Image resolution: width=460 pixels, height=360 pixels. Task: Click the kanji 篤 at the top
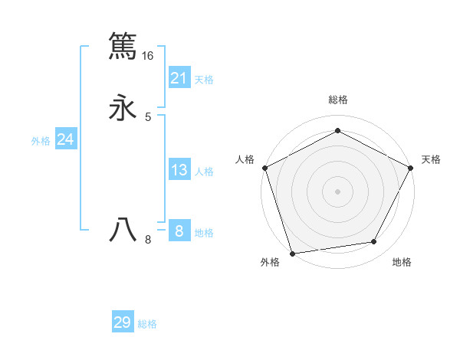[123, 45]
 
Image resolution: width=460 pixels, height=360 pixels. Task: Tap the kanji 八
[123, 229]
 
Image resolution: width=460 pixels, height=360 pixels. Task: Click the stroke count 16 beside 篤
[147, 56]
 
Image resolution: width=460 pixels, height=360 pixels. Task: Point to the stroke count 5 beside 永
[148, 117]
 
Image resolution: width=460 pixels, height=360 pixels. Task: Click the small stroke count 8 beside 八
[148, 240]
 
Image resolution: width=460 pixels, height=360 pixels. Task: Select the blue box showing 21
[179, 77]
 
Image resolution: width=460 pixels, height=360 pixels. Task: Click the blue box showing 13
[179, 170]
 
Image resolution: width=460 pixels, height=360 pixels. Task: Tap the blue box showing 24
[65, 139]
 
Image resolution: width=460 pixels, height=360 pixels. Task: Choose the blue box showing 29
[123, 322]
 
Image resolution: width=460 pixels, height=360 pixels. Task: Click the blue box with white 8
[179, 231]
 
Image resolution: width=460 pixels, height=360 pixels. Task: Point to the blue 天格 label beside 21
[204, 79]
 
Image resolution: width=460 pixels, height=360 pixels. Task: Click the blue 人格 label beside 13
[204, 172]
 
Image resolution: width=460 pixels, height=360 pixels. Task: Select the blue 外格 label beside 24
[41, 141]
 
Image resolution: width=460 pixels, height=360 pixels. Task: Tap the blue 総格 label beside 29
[147, 324]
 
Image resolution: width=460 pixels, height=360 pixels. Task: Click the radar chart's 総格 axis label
[337, 100]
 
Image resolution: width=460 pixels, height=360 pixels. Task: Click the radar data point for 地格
[374, 242]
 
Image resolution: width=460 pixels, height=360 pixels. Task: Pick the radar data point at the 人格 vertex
[264, 168]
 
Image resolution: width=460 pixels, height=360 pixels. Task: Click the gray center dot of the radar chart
[337, 191]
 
